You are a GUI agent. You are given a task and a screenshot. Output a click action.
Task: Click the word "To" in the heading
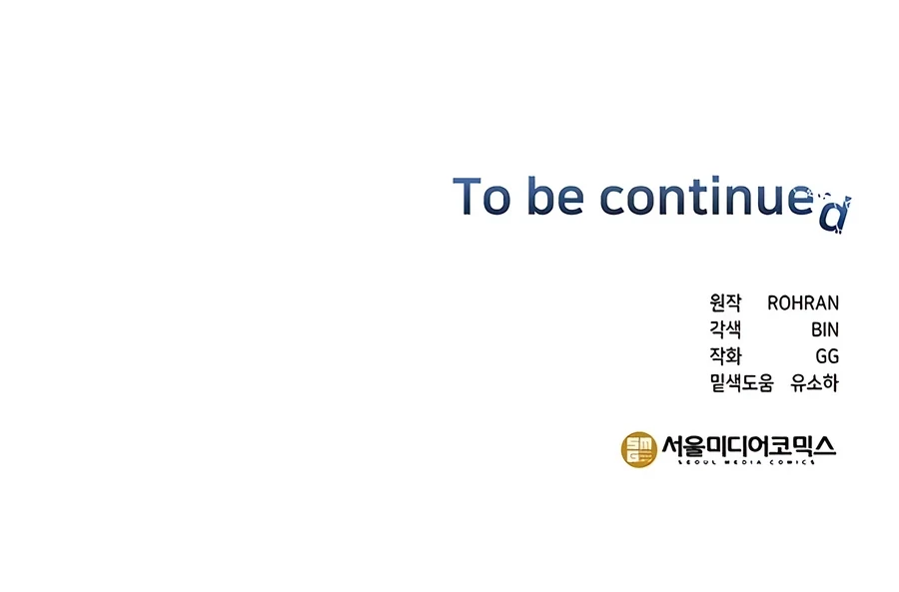pyautogui.click(x=481, y=196)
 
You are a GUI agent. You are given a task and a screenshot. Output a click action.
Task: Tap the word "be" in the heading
pyautogui.click(x=555, y=196)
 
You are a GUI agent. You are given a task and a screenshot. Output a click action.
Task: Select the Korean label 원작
pyautogui.click(x=725, y=302)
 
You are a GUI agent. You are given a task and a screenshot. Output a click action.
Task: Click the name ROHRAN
pyautogui.click(x=803, y=302)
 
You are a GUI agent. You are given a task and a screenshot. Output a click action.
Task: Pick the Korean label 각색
pyautogui.click(x=725, y=329)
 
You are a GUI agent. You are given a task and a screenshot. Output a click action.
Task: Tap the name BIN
pyautogui.click(x=825, y=329)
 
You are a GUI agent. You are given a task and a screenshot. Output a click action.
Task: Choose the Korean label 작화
pyautogui.click(x=725, y=355)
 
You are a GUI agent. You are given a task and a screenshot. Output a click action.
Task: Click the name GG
pyautogui.click(x=827, y=356)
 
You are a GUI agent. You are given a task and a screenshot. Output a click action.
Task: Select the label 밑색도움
pyautogui.click(x=741, y=382)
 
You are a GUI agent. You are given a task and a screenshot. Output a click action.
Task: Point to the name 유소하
pyautogui.click(x=814, y=382)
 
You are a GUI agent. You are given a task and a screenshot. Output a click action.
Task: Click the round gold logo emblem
pyautogui.click(x=638, y=449)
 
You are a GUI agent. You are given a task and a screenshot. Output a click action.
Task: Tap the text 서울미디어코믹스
pyautogui.click(x=749, y=446)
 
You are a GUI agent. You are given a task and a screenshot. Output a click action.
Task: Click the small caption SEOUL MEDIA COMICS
pyautogui.click(x=746, y=462)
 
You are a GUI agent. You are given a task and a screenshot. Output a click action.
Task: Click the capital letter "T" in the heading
pyautogui.click(x=466, y=196)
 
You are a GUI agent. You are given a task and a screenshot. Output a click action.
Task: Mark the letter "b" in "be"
pyautogui.click(x=540, y=196)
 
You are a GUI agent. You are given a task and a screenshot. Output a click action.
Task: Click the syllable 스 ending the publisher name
pyautogui.click(x=824, y=446)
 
